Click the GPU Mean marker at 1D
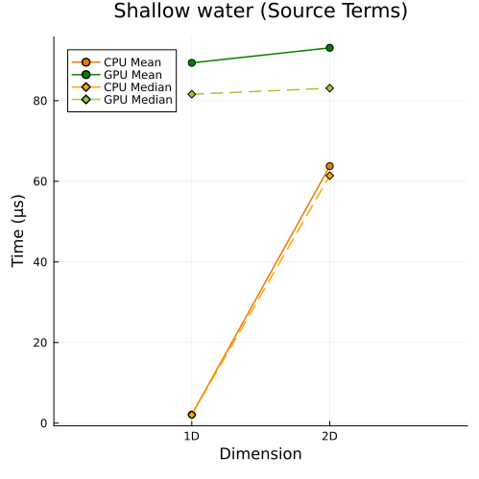192,62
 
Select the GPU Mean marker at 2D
329,48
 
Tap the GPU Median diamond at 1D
192,94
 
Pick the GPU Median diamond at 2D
329,88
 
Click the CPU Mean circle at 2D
329,166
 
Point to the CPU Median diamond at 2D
329,176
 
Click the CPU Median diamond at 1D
192,415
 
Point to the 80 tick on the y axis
40,101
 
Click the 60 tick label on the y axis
40,181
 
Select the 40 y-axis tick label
40,262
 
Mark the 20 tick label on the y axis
40,343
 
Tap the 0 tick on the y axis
44,423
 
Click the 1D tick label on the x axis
192,436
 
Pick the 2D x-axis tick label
329,436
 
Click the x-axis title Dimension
260,454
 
